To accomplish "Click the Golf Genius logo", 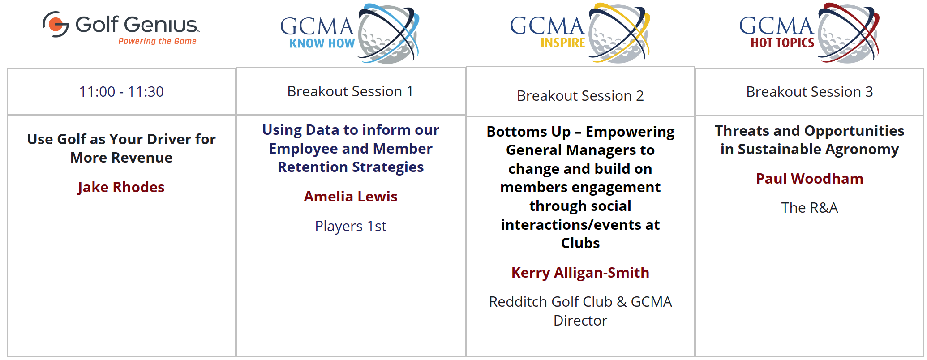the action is coord(121,28).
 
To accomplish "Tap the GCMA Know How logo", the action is coord(350,34).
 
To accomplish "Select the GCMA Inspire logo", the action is coord(580,33).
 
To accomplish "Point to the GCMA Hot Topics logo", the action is coord(809,33).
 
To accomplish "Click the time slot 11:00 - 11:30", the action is coord(121,92).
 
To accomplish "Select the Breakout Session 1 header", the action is coord(350,91).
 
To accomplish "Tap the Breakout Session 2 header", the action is coord(580,96).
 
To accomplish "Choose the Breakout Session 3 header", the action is coord(810,92).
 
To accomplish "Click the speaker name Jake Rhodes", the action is coord(121,187).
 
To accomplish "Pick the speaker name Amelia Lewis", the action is coord(351,197).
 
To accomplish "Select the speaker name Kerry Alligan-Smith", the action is coord(580,273).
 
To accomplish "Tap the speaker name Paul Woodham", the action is coord(810,179).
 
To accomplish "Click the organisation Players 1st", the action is coord(351,226).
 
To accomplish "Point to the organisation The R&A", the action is coord(810,208).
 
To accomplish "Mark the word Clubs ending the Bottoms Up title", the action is coord(580,243).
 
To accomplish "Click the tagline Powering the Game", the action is coord(157,41).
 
